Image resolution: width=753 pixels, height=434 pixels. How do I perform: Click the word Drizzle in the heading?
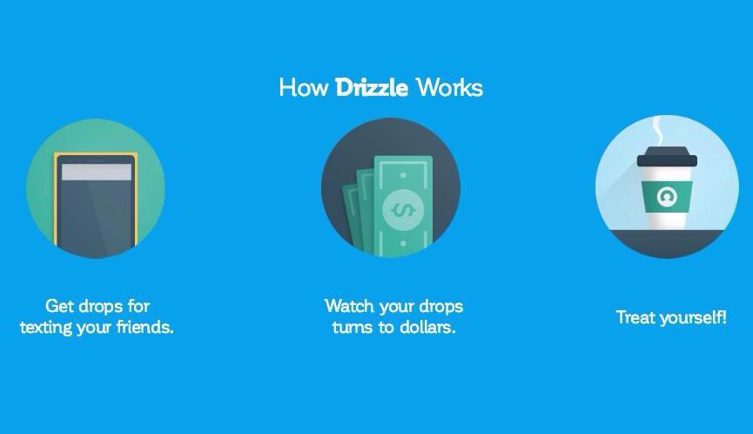click(371, 88)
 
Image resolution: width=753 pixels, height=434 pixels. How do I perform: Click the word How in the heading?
click(304, 88)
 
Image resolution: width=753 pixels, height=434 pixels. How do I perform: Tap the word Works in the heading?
click(448, 88)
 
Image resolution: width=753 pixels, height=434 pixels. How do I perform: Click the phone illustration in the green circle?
click(95, 205)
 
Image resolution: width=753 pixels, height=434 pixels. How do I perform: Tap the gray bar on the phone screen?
click(96, 173)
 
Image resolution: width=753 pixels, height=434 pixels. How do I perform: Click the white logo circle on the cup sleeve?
click(668, 195)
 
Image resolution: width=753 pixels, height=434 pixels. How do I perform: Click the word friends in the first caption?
click(144, 329)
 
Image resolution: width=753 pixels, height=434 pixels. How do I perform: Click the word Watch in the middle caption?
click(350, 306)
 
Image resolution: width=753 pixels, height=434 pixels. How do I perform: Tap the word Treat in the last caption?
click(635, 317)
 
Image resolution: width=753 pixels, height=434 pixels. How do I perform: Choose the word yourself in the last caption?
click(692, 317)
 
